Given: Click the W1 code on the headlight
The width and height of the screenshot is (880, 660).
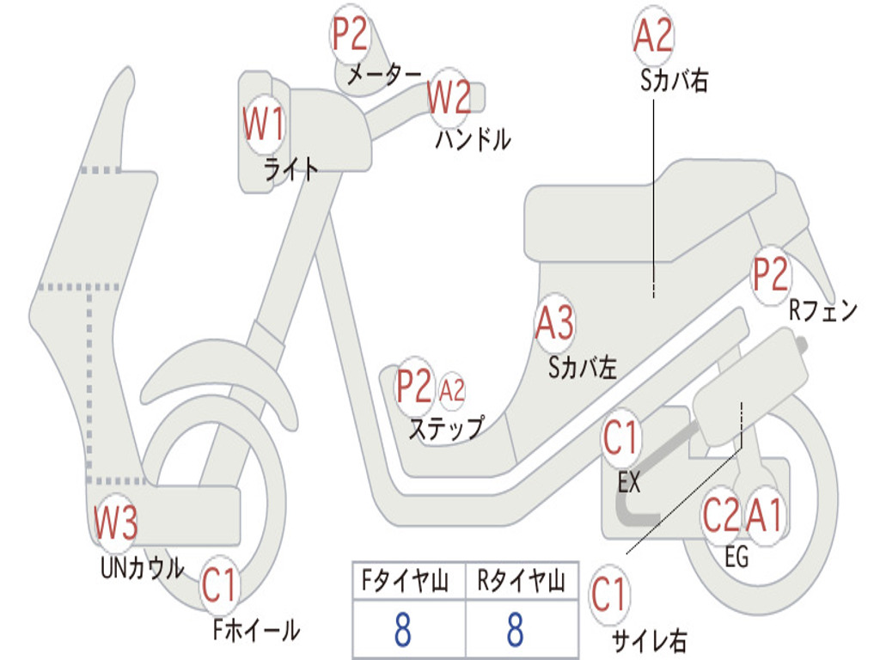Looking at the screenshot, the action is [x=263, y=125].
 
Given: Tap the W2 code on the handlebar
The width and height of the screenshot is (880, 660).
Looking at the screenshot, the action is [x=449, y=97].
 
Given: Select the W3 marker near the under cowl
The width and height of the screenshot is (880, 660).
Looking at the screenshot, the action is [x=115, y=522].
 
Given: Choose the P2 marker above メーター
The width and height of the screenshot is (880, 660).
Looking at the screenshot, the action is [x=351, y=35].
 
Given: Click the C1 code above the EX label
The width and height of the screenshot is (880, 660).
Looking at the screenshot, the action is [x=621, y=439].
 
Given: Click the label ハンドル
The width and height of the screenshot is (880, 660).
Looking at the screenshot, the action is [x=472, y=139].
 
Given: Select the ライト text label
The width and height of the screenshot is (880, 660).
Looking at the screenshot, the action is [x=290, y=169].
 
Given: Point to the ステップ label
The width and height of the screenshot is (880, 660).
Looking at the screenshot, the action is [x=445, y=428].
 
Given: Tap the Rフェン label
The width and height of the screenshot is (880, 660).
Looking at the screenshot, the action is [x=823, y=311].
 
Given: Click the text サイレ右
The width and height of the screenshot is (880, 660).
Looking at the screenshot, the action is [x=649, y=640].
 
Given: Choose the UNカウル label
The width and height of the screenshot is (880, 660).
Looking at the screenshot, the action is [x=142, y=568].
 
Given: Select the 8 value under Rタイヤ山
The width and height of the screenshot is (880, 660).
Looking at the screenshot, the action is [x=515, y=630].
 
